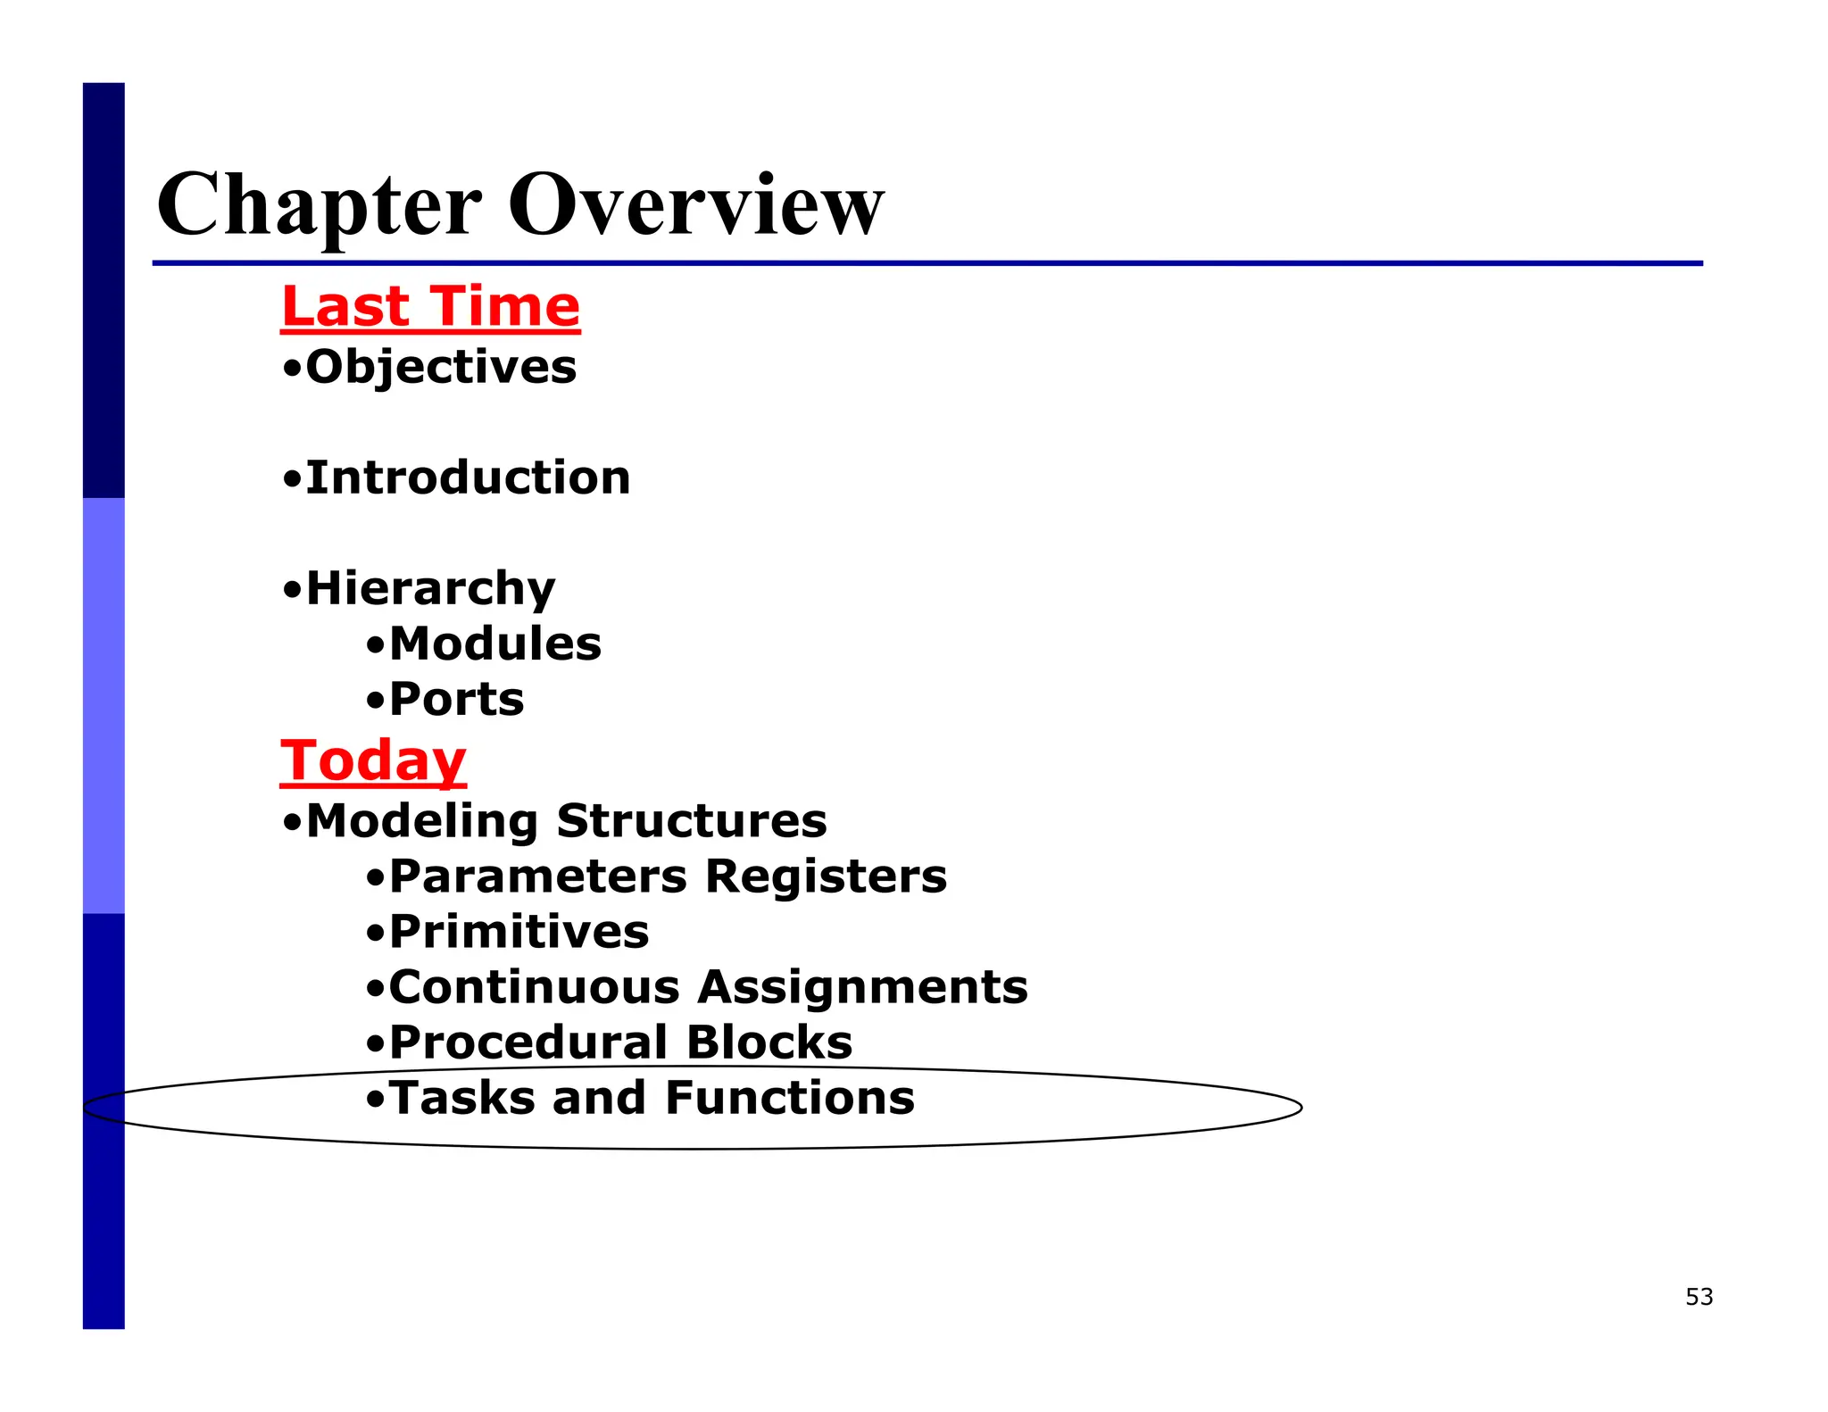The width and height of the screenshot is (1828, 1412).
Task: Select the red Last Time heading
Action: click(x=430, y=307)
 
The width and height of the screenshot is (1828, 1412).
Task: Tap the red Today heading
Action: click(x=373, y=760)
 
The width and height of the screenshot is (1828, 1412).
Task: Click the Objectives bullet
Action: click(x=440, y=368)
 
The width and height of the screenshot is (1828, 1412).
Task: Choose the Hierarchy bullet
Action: click(x=429, y=589)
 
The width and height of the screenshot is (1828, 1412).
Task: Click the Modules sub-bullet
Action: click(x=494, y=644)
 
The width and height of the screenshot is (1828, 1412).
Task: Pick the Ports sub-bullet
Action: click(x=456, y=700)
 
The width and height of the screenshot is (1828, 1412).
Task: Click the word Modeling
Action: click(x=421, y=821)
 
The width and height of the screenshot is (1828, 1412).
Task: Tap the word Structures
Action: click(x=692, y=821)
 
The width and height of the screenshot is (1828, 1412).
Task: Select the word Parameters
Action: click(x=538, y=876)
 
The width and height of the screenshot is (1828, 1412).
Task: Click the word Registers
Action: click(x=826, y=876)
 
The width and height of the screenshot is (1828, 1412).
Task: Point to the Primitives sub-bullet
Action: click(x=519, y=932)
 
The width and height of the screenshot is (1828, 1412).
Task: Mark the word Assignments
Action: click(x=862, y=987)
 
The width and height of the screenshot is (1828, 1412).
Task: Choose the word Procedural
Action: click(x=528, y=1042)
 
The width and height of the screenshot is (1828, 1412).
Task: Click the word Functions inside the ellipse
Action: click(x=790, y=1098)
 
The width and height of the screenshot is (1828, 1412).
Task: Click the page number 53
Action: click(x=1699, y=1297)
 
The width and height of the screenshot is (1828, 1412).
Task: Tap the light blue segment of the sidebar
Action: click(x=104, y=705)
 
